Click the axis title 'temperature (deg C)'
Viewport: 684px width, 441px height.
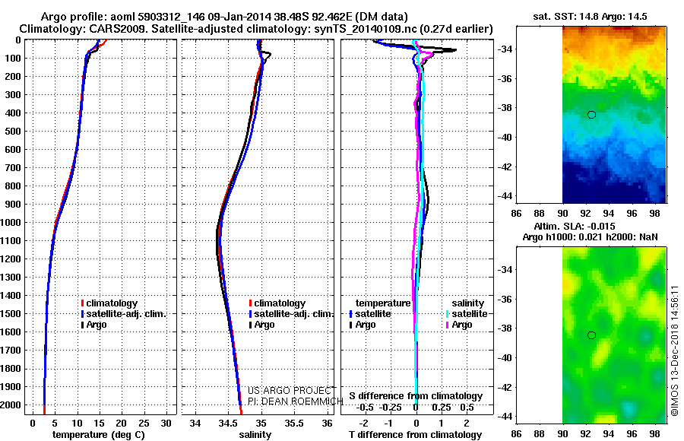coord(100,434)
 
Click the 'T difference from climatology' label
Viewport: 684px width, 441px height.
coord(416,434)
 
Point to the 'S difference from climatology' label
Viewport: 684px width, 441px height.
coord(416,395)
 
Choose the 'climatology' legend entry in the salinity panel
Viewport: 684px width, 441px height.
coord(280,303)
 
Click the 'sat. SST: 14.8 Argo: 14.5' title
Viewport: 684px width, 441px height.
coord(591,15)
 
